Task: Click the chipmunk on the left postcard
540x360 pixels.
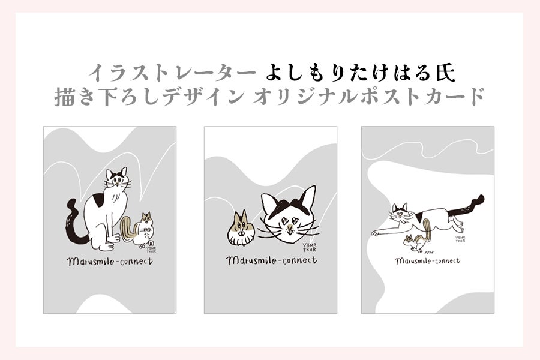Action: tap(139, 229)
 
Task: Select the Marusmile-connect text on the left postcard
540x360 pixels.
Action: tap(110, 262)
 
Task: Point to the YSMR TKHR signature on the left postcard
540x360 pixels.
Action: tap(152, 250)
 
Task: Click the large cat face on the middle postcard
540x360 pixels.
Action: tap(289, 215)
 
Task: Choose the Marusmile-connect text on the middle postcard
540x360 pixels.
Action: tap(272, 260)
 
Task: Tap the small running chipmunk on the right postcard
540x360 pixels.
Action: tap(415, 242)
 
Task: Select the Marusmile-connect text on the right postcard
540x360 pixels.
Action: tap(427, 261)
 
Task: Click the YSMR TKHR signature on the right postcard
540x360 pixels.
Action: tap(460, 239)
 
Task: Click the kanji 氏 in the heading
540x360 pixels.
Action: tap(446, 73)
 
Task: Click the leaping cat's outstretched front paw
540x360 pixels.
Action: tap(374, 233)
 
